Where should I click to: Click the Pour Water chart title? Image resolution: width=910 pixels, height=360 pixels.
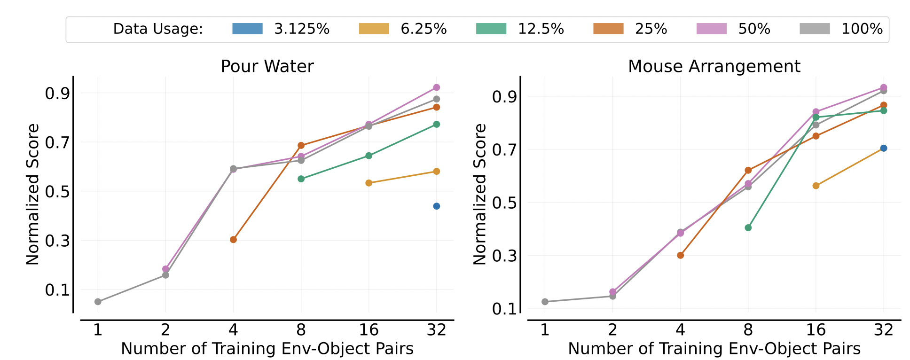pos(267,66)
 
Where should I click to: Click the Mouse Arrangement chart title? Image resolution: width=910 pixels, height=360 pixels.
pos(714,66)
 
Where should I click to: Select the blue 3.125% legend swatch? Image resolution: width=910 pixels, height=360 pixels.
pos(247,29)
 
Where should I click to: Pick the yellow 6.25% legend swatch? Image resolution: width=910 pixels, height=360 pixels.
pos(374,29)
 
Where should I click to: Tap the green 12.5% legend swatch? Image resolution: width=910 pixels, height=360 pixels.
pos(491,29)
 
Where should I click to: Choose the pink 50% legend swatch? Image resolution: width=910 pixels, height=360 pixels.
pos(711,29)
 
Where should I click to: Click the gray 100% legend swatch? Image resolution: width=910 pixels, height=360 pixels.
pos(815,29)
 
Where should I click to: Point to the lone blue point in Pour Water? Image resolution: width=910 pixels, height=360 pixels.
pos(436,206)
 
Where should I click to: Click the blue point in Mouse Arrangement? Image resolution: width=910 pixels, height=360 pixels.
pos(883,148)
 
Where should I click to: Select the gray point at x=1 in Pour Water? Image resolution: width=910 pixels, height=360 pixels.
pos(98,302)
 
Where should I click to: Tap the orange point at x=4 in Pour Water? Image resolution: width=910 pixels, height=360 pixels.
pos(233,240)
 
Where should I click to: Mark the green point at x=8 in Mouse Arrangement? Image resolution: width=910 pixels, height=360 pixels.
pos(748,228)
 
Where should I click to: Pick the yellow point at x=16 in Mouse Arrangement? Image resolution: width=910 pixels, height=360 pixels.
pos(816,186)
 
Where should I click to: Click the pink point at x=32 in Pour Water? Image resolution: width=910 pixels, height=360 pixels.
pos(436,87)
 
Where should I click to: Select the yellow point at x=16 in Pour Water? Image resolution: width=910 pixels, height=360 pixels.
pos(369,183)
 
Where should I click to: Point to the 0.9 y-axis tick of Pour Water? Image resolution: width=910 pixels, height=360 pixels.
pos(57,94)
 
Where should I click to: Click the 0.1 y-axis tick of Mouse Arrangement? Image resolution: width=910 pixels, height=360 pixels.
pos(504,309)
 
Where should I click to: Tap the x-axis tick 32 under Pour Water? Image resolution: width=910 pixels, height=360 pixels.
pos(436,330)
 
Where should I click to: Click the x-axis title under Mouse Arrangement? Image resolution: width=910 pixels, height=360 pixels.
pos(714,349)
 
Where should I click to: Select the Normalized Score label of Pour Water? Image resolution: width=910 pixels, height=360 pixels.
pos(33,194)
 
